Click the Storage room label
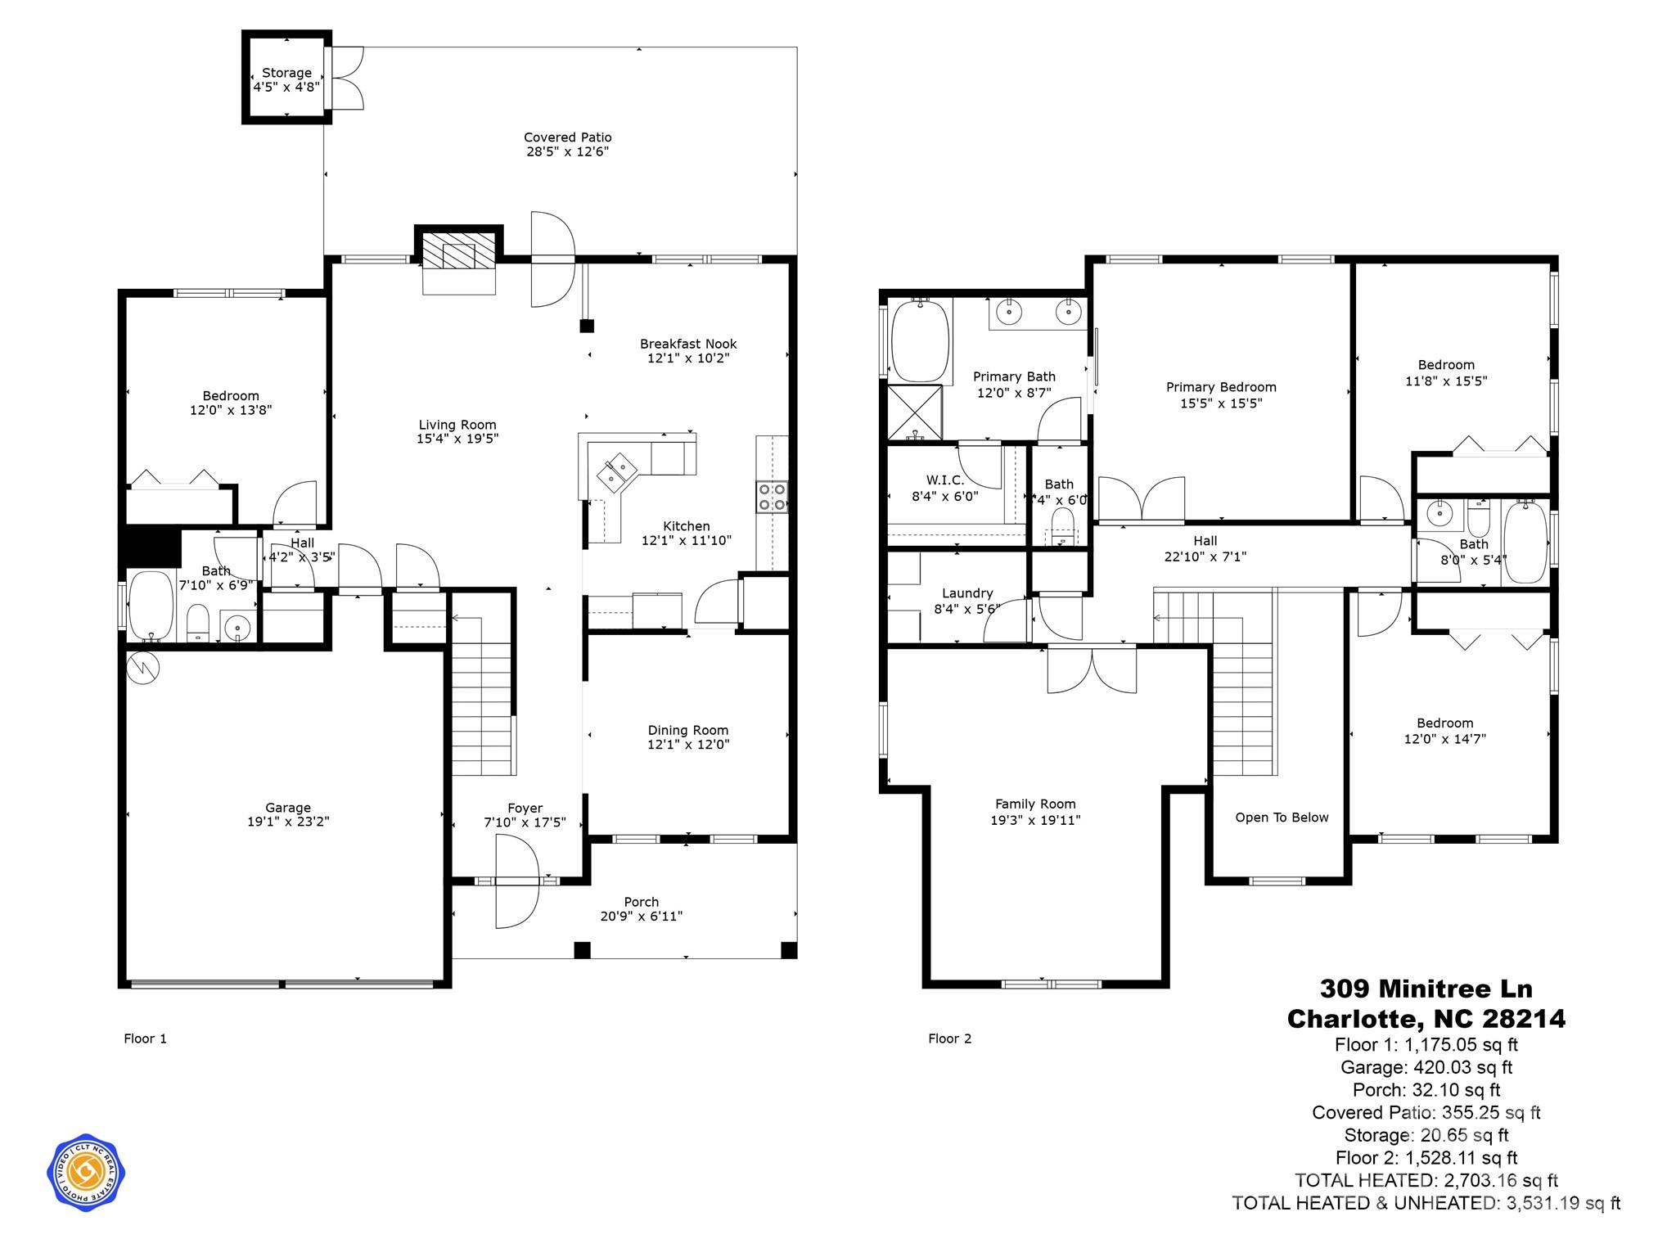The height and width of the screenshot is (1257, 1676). point(286,73)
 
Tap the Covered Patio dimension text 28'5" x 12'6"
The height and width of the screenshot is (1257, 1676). point(567,151)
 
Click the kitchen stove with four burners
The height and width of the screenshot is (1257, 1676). point(772,496)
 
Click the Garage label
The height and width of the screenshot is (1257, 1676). point(288,808)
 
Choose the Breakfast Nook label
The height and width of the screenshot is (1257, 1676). point(688,344)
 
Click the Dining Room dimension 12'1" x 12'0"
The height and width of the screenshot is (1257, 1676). point(688,744)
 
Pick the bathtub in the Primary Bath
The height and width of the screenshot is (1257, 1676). point(920,341)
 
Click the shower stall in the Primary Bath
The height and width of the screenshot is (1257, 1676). point(915,412)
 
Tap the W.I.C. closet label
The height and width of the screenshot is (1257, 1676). point(945,480)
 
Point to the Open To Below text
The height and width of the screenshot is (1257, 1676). point(1282,818)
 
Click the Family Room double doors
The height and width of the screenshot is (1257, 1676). point(1092,669)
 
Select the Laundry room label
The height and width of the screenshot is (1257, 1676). point(967,593)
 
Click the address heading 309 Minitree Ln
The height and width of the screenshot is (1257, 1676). point(1426,989)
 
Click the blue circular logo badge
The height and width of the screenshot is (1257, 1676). point(86,1172)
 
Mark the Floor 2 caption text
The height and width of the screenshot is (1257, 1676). point(949,1038)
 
